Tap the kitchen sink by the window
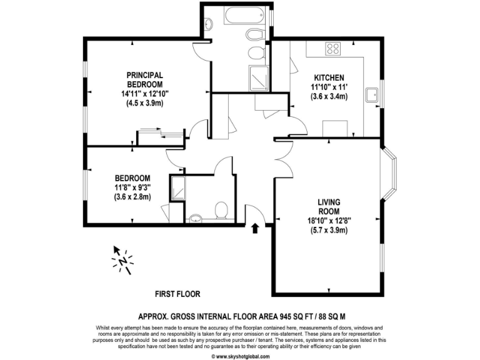click(x=374, y=95)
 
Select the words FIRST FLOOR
click(x=177, y=294)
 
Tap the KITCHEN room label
click(x=329, y=77)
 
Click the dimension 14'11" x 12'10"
click(x=145, y=94)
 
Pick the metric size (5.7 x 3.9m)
click(x=329, y=230)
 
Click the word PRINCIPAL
click(x=145, y=75)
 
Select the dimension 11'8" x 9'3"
click(x=132, y=187)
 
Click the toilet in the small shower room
click(x=221, y=209)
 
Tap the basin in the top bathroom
click(x=209, y=24)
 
